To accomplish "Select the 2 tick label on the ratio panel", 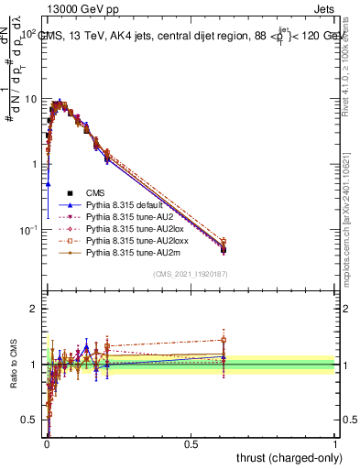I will point(34,309).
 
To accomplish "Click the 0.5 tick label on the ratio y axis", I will point(29,420).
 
